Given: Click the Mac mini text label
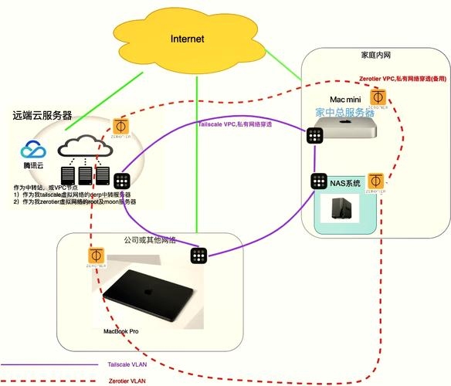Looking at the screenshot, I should pyautogui.click(x=345, y=100).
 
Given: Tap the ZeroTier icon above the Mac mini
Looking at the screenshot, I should pyautogui.click(x=377, y=99).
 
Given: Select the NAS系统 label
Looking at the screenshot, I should pyautogui.click(x=345, y=183).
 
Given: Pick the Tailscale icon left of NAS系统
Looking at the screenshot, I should pyautogui.click(x=318, y=183).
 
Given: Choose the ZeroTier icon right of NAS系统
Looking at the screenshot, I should pyautogui.click(x=376, y=182).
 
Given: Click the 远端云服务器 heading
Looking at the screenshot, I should pyautogui.click(x=42, y=115).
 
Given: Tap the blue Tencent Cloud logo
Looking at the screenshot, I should pyautogui.click(x=32, y=153).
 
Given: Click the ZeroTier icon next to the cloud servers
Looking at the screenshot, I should pyautogui.click(x=120, y=127).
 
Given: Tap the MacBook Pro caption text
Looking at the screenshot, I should pyautogui.click(x=121, y=331).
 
